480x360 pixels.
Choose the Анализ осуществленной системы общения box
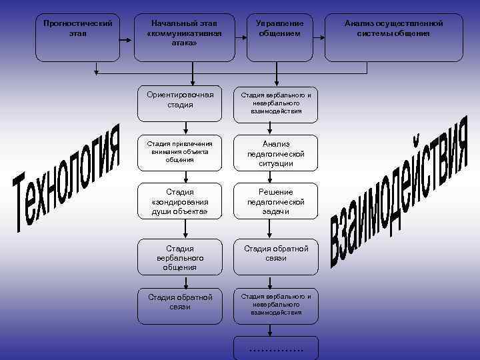coord(393,37)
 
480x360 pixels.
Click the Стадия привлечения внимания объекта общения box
coord(180,151)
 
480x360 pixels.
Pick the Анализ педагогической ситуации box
coord(275,153)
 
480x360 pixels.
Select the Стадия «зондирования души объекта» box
coord(180,201)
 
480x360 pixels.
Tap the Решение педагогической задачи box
coord(275,201)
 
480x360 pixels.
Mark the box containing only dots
coord(275,348)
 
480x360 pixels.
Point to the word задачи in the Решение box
coord(276,211)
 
